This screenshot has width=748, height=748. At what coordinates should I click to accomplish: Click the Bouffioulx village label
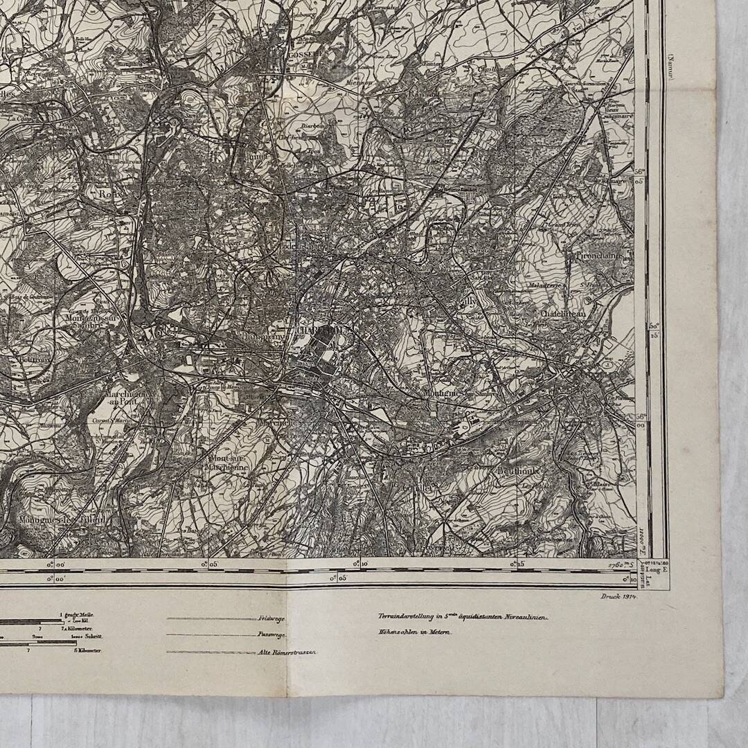click(x=519, y=470)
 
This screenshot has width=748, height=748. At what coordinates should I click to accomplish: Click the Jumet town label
click(x=257, y=157)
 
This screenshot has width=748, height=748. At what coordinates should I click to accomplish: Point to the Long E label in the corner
click(x=653, y=590)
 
